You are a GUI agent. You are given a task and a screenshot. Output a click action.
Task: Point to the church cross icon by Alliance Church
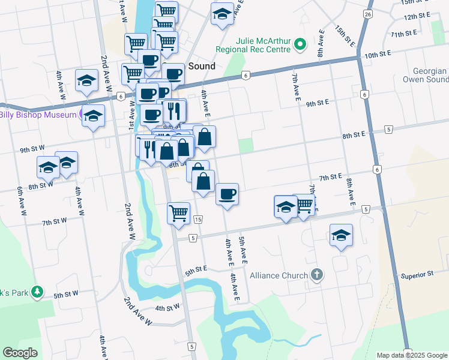[x=318, y=275]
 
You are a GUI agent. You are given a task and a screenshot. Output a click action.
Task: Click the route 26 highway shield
[x=367, y=13]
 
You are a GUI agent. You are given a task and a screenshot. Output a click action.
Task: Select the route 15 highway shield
[x=197, y=220]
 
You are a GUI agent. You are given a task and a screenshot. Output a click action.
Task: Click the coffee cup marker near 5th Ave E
[x=227, y=194]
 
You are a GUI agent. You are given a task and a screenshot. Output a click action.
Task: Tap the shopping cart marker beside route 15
[x=178, y=213]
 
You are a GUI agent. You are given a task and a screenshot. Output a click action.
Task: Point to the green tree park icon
[x=38, y=291]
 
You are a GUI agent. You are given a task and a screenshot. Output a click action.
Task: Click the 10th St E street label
[x=378, y=55]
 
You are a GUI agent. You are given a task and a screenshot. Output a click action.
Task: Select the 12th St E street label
[x=418, y=16]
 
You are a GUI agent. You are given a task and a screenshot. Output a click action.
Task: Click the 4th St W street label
[x=167, y=308]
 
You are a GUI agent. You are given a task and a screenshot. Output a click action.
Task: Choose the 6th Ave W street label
[x=21, y=200]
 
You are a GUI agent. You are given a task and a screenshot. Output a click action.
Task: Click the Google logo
[x=20, y=352]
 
